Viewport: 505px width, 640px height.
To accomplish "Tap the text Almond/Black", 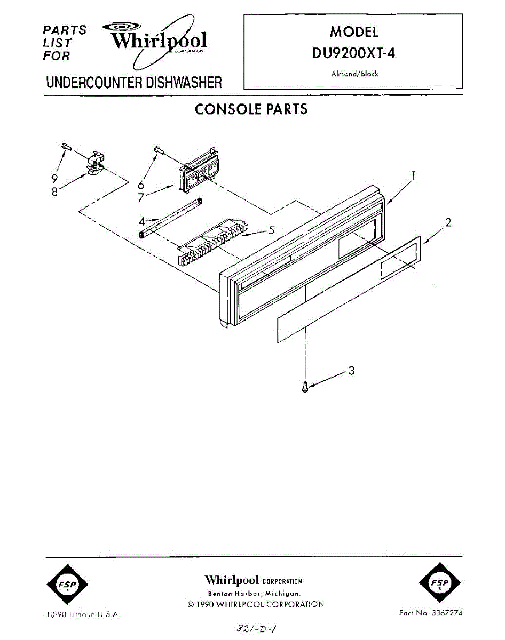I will tap(354, 74).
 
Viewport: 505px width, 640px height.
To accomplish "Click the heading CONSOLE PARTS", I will tap(251, 109).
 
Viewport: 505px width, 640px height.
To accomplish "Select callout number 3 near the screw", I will tap(351, 370).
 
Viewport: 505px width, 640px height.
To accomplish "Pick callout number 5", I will tap(271, 230).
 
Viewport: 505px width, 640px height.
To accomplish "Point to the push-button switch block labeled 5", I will tap(214, 240).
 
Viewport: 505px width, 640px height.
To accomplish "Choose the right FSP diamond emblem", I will tap(440, 585).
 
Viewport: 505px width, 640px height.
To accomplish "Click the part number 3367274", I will tap(445, 613).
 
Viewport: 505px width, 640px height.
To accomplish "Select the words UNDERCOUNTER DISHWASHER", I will tap(134, 83).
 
